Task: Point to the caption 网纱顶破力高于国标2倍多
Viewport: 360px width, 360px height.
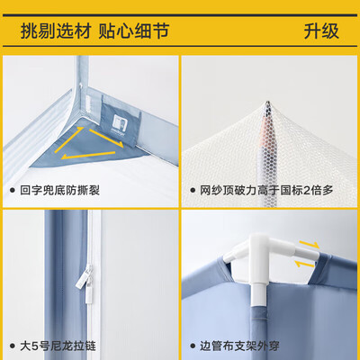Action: click(x=270, y=191)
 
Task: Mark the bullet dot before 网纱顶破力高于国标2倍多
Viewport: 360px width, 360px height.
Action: click(x=193, y=191)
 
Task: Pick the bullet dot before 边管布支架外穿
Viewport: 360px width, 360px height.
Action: click(x=193, y=345)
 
